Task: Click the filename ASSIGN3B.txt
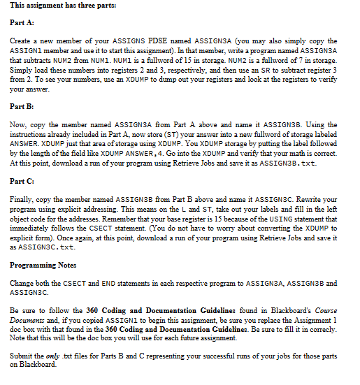pyautogui.click(x=307, y=162)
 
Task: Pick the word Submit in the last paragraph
pyautogui.click(x=23, y=356)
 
